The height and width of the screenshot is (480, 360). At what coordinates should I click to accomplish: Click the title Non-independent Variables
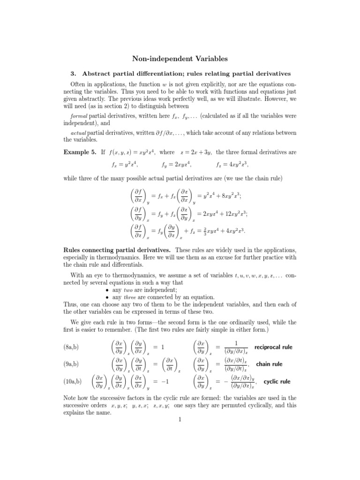tap(180, 59)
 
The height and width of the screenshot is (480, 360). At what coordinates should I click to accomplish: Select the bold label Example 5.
tap(79, 152)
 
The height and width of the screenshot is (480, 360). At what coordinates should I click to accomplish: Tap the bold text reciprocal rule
tap(273, 347)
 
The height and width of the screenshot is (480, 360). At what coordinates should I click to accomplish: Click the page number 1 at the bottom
tap(180, 419)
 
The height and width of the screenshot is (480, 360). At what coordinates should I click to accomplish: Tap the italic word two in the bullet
tap(127, 290)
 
